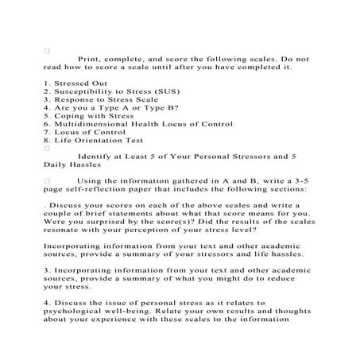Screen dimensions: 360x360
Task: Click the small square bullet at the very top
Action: click(48, 50)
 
